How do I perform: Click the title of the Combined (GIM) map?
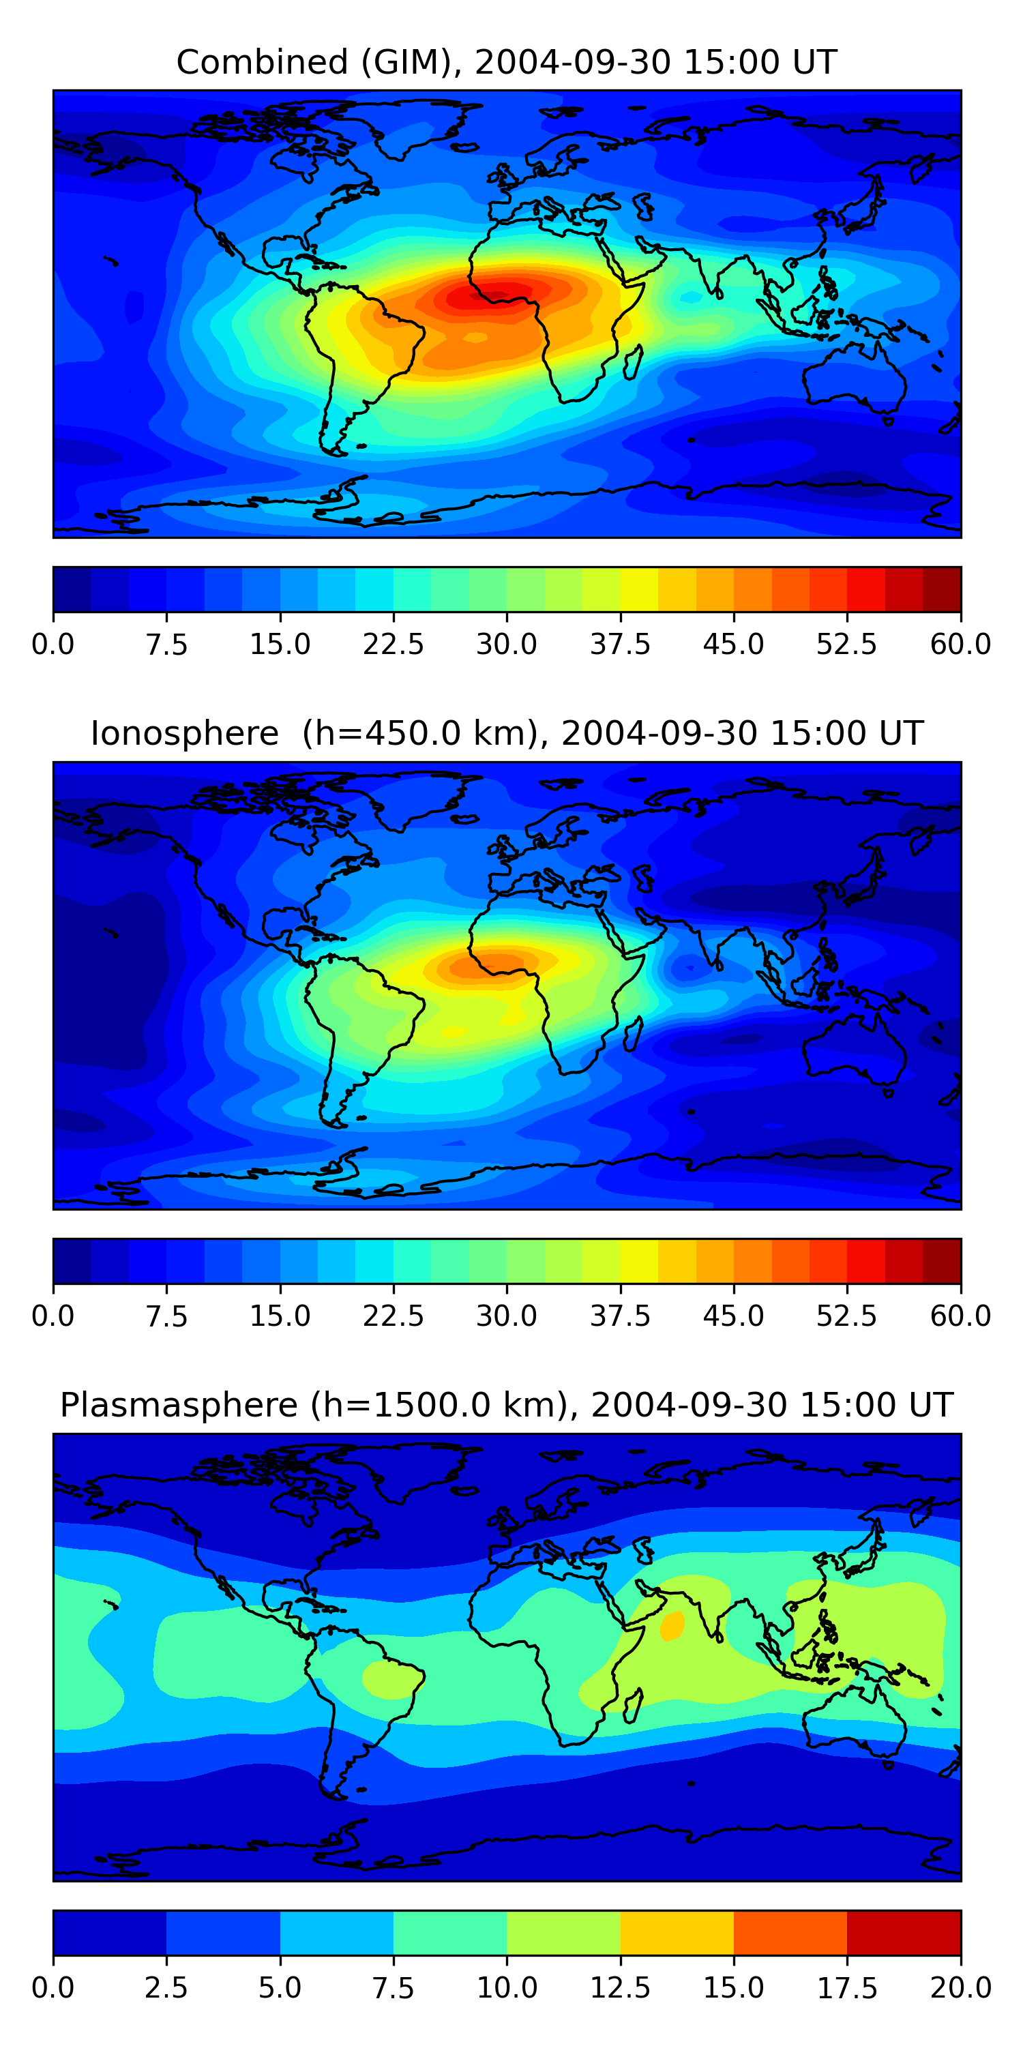coord(506,62)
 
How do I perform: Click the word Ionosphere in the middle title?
coord(184,733)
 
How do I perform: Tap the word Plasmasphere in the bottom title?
coord(179,1405)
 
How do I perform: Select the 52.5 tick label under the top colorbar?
coord(846,644)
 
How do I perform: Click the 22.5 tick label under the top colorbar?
coord(393,644)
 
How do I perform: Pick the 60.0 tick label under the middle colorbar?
coord(960,1316)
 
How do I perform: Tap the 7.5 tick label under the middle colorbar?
coord(166,1316)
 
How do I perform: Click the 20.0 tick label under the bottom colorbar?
coord(960,1988)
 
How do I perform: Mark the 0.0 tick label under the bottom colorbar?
coord(53,1988)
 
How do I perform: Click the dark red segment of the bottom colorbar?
coord(904,1932)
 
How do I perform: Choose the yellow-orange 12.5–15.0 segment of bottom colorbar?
coord(677,1932)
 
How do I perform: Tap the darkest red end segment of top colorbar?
coord(942,589)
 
